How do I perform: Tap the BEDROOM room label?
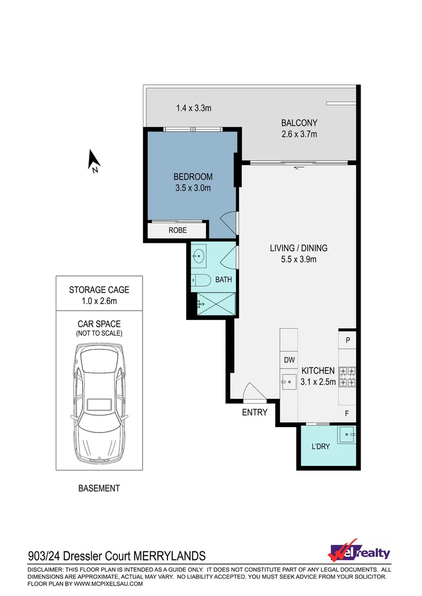pos(193,177)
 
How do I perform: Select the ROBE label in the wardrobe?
pos(177,230)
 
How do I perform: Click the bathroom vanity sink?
pos(199,256)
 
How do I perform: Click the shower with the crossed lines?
pos(216,303)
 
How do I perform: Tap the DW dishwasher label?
pos(289,360)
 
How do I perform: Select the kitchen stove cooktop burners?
pos(347,376)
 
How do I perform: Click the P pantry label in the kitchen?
pos(348,340)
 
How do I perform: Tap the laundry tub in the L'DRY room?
pos(347,434)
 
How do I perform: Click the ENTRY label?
pos(255,412)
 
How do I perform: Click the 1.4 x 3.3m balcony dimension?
pos(194,109)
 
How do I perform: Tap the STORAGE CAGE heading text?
pos(99,290)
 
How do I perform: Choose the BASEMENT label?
pos(99,488)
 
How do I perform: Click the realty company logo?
pos(360,552)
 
